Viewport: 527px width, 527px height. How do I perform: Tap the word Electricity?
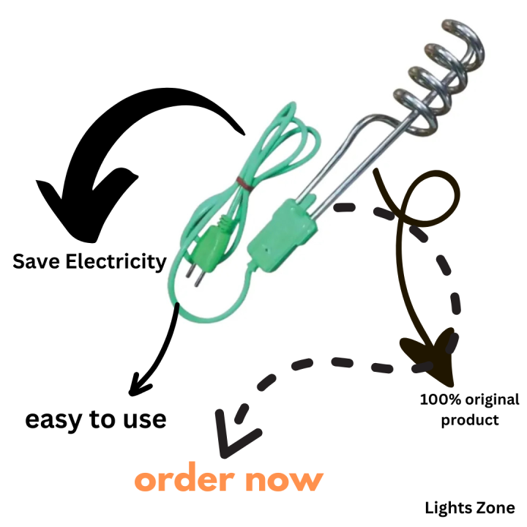[x=116, y=262]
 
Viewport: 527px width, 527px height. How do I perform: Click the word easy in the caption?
[x=53, y=420]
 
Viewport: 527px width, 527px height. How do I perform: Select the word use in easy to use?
[x=144, y=420]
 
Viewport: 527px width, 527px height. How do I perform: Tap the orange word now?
[x=284, y=481]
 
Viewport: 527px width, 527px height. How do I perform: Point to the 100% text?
[x=441, y=400]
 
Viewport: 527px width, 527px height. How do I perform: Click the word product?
[x=470, y=420]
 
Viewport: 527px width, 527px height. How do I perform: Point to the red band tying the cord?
[x=244, y=184]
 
